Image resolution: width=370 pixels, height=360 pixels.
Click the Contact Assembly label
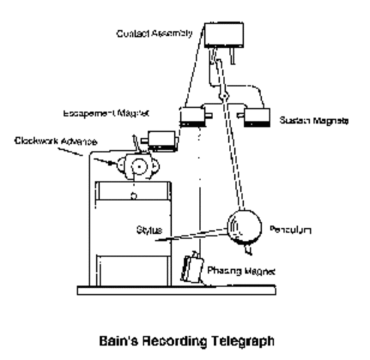(155, 33)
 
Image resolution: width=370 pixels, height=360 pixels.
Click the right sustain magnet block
(256, 117)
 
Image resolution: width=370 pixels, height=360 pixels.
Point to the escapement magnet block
(161, 138)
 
